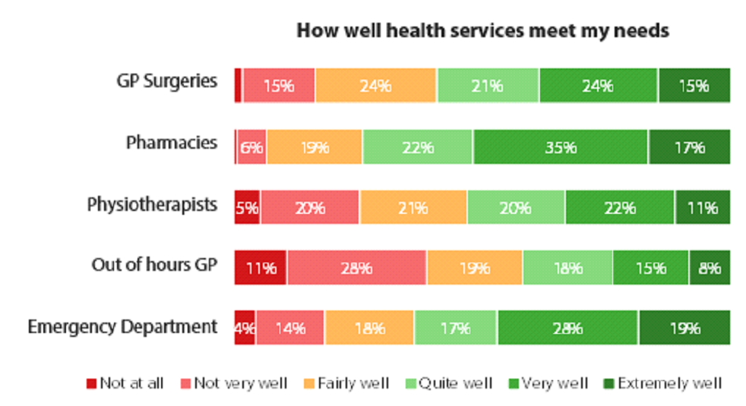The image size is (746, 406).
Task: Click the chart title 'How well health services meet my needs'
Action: [x=483, y=31]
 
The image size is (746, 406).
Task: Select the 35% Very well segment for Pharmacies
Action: [x=561, y=147]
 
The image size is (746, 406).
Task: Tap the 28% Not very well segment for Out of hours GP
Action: [x=357, y=268]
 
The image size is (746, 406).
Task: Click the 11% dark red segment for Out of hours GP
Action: [x=261, y=268]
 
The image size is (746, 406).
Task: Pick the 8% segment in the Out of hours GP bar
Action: [x=710, y=268]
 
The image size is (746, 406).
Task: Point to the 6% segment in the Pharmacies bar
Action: [x=251, y=147]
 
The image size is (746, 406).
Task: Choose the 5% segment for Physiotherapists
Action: [x=247, y=207]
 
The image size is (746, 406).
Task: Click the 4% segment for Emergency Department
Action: [x=245, y=328]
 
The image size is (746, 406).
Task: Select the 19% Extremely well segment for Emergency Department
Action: [x=684, y=328]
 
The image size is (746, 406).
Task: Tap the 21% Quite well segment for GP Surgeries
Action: [x=488, y=86]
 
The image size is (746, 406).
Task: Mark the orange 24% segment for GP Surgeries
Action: [x=375, y=86]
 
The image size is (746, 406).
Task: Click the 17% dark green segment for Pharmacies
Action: [x=690, y=147]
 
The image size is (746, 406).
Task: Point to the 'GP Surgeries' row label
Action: [x=167, y=81]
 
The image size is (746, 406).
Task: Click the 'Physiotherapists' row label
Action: [x=152, y=205]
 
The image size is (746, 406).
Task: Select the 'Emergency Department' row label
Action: [x=122, y=326]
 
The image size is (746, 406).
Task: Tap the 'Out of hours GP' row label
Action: [x=155, y=264]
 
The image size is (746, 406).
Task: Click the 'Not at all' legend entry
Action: [x=125, y=383]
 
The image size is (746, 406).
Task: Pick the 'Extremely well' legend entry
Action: [x=662, y=383]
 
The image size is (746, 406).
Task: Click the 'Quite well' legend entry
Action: [x=449, y=383]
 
